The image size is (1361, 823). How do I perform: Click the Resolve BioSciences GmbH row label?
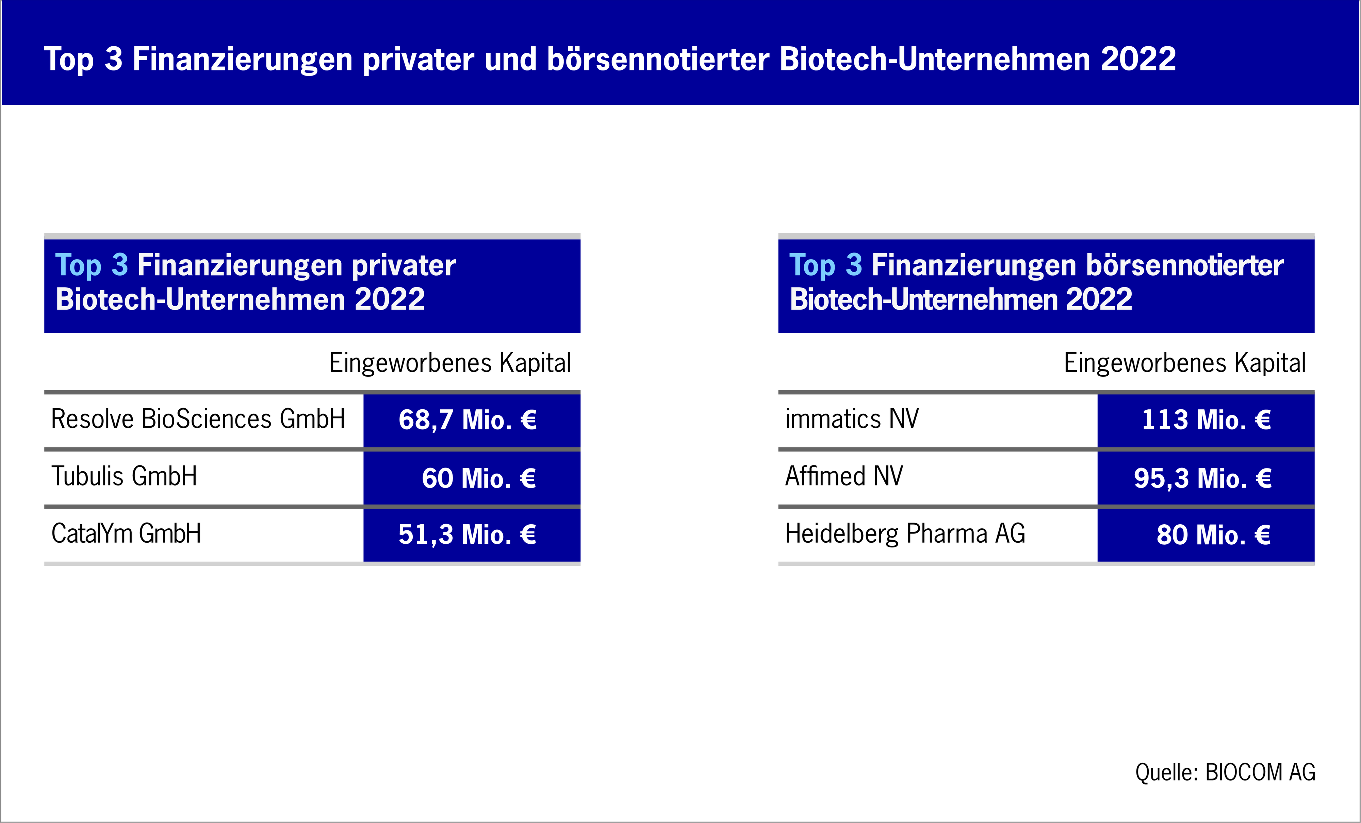coord(198,419)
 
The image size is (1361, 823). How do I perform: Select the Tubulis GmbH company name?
coord(124,476)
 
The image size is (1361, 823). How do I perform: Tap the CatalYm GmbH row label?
coord(126,533)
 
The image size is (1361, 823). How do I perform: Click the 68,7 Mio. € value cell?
coord(472,420)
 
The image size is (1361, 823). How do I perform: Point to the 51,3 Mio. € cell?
coord(472,535)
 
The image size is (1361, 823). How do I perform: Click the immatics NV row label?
coord(852,419)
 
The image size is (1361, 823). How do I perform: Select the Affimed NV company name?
coord(844,476)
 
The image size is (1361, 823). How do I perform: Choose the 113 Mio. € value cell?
coord(1206,420)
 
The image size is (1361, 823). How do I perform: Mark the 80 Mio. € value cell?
coord(1206,535)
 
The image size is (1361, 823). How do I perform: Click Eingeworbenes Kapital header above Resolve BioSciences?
coord(450,363)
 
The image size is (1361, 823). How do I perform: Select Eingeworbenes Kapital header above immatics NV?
coord(1185,363)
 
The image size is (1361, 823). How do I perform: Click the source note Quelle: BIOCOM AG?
coord(1225,772)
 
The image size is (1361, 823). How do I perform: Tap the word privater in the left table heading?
coord(404,266)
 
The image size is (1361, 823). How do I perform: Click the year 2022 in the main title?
coord(1138,59)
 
